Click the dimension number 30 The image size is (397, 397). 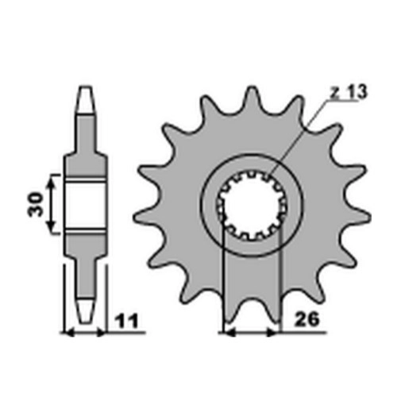(x=36, y=205)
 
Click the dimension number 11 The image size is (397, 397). (x=127, y=321)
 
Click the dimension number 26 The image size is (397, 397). (x=307, y=319)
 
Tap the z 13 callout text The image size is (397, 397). (x=349, y=92)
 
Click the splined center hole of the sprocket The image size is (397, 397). (x=252, y=205)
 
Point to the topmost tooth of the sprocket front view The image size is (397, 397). (x=251, y=98)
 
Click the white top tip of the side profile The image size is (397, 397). (x=87, y=100)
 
